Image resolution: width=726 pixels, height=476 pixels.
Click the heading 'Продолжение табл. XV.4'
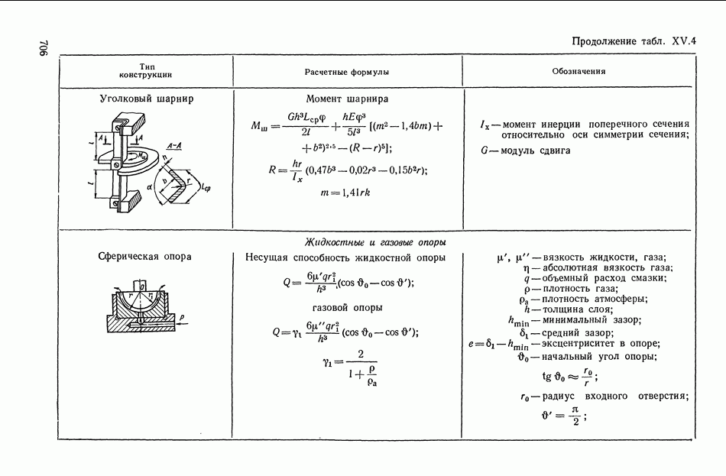(x=634, y=41)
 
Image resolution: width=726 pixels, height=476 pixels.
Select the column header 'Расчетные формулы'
(x=347, y=72)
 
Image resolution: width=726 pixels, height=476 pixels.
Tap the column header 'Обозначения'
(x=579, y=71)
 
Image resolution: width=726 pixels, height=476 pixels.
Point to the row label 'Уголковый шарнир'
(x=146, y=99)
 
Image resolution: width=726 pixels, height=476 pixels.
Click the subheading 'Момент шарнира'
(x=347, y=99)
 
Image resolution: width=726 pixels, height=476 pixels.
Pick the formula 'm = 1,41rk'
(x=345, y=193)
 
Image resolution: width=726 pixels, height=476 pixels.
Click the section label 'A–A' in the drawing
(x=174, y=146)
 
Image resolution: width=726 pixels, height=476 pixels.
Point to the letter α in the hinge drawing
(x=149, y=186)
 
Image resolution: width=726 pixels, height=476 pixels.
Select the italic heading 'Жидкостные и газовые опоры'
(x=375, y=242)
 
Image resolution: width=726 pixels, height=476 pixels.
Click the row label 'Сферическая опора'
(x=145, y=257)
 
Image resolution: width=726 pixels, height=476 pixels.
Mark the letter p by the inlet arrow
(x=182, y=318)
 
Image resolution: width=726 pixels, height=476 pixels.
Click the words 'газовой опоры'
(x=347, y=308)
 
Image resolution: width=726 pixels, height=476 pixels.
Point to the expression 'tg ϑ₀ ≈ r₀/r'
(x=569, y=376)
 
